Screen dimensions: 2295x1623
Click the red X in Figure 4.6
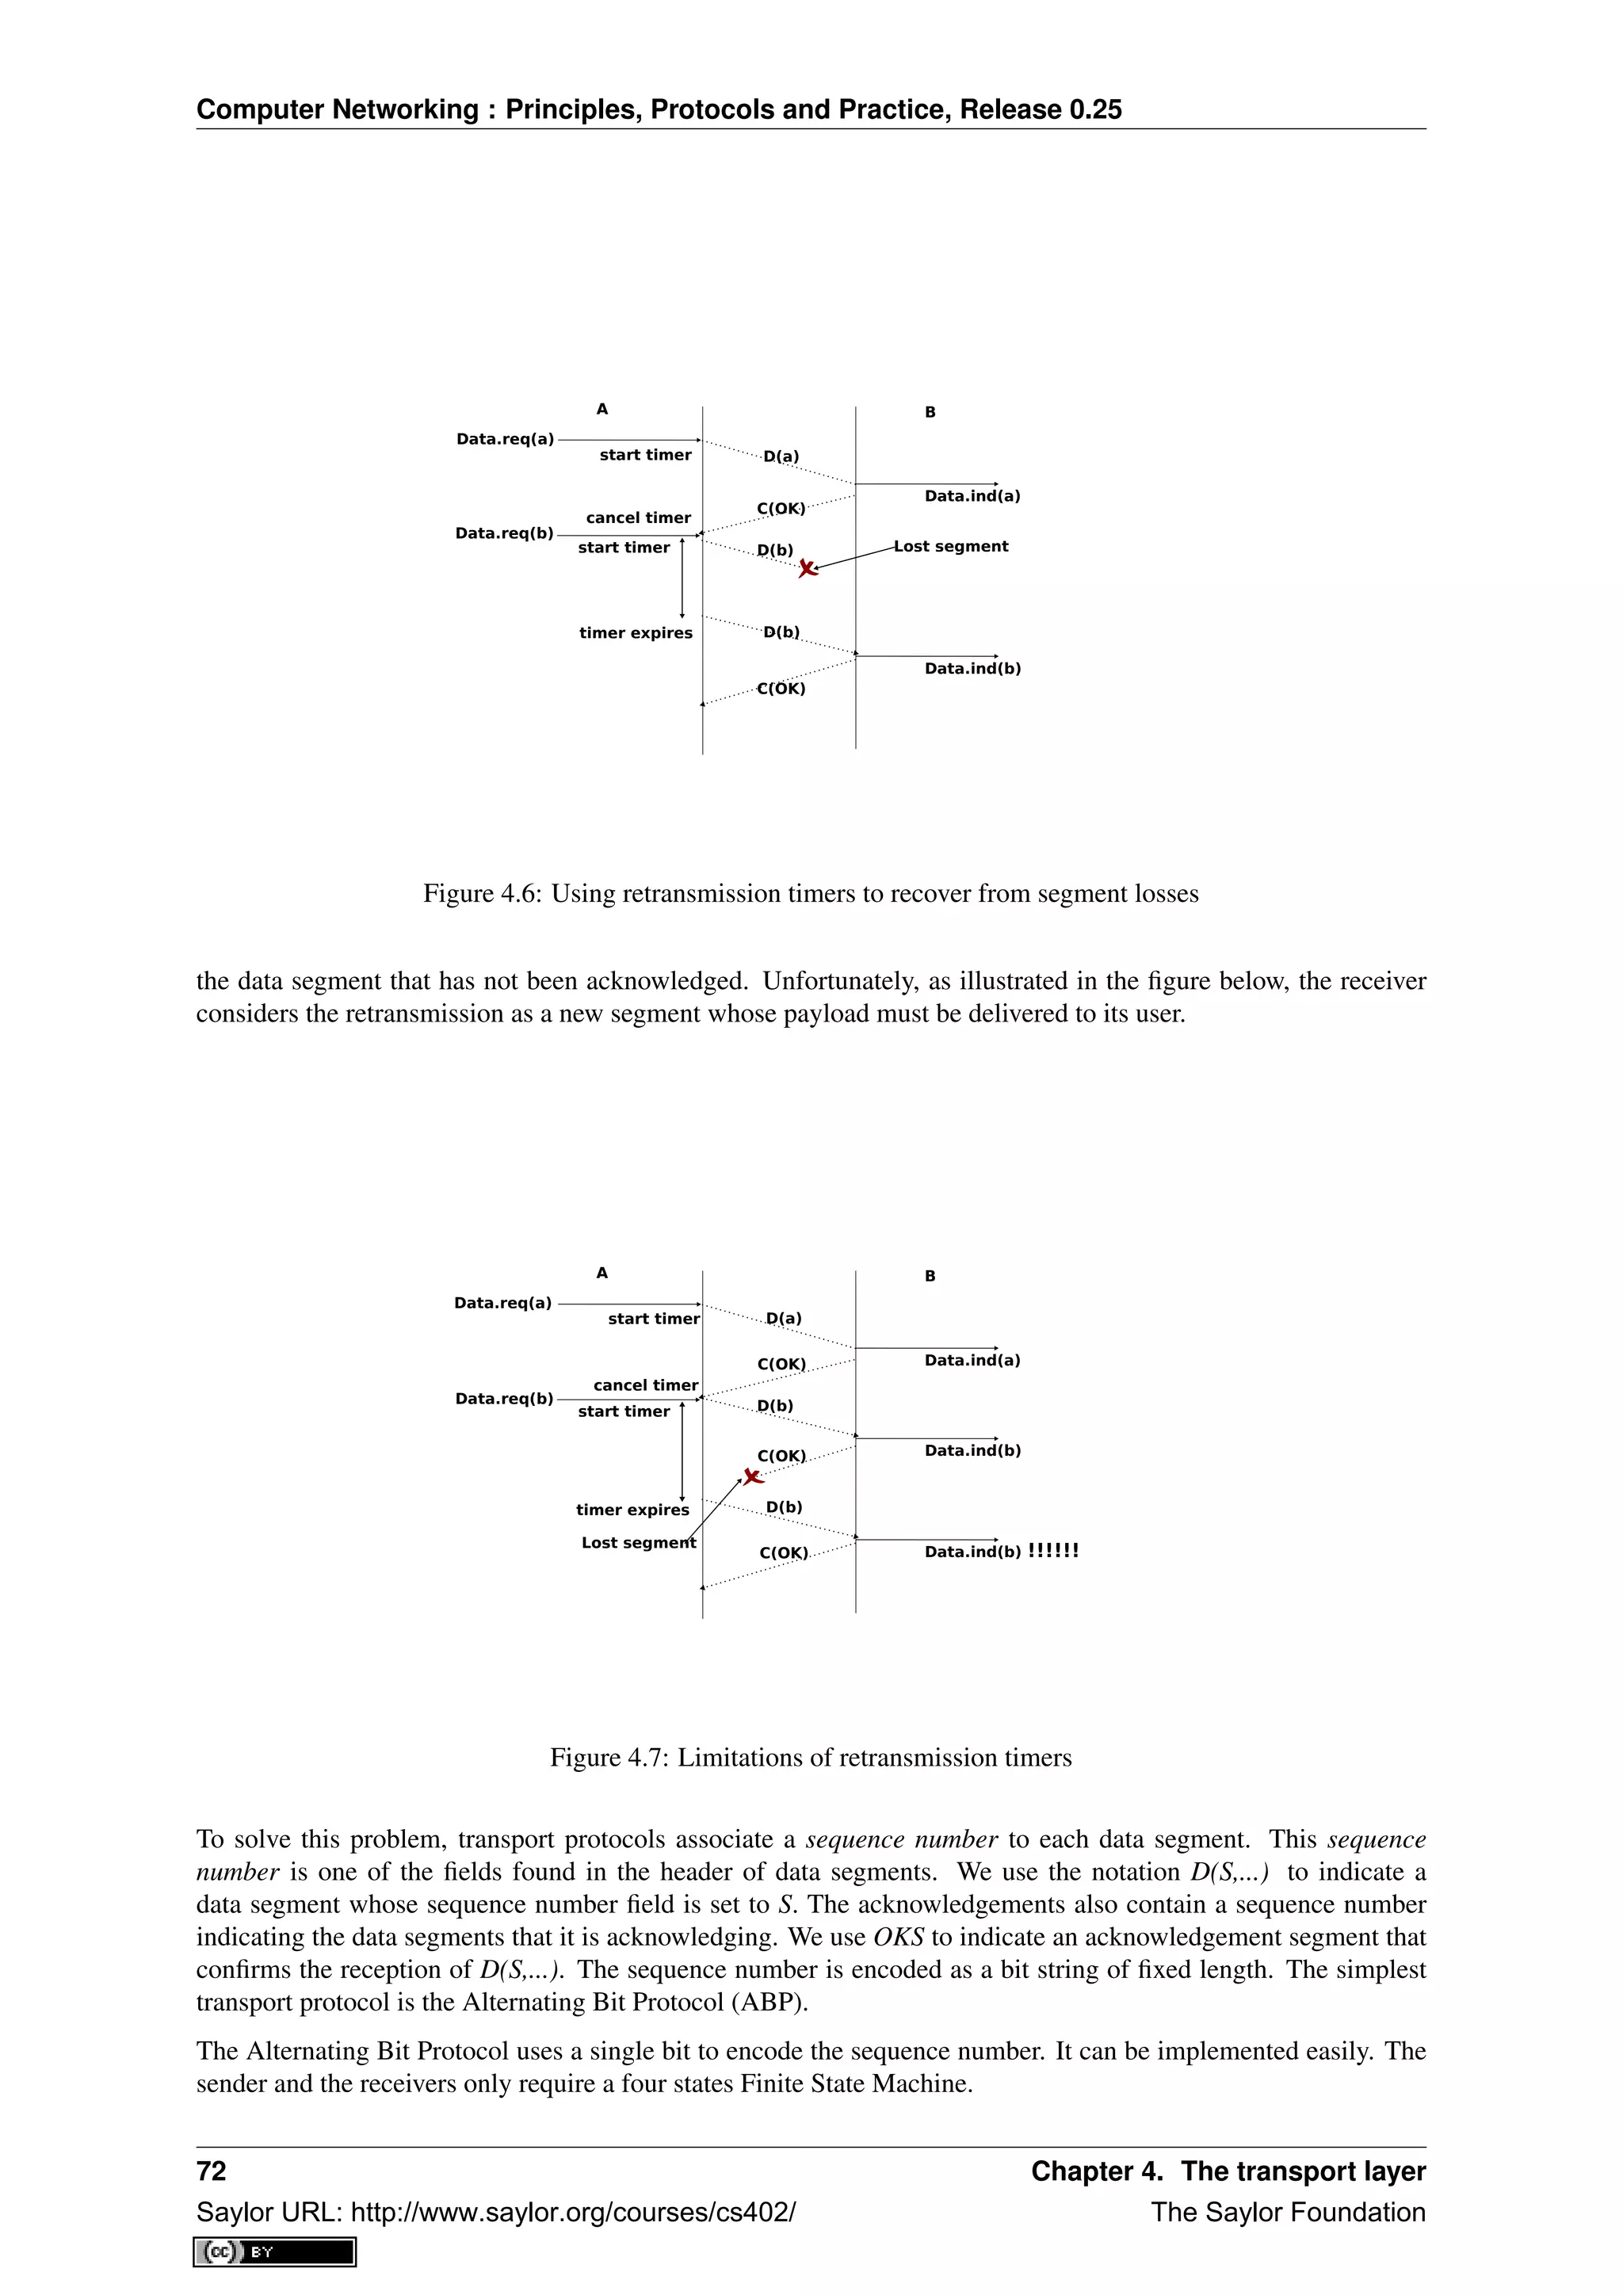(808, 569)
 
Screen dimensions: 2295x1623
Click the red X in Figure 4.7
(753, 1476)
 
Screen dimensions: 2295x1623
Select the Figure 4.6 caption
(811, 894)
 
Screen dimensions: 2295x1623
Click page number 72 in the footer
(212, 2171)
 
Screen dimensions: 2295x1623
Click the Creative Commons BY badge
(275, 2252)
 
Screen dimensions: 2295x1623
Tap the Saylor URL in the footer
(495, 2212)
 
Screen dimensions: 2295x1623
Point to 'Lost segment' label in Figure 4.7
(638, 1542)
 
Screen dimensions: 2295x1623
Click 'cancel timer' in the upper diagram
(638, 517)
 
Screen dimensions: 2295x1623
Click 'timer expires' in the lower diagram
(632, 1510)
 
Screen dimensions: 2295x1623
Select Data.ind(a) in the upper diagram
(972, 496)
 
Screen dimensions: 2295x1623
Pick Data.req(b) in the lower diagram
(504, 1399)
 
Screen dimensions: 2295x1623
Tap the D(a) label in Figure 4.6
(781, 456)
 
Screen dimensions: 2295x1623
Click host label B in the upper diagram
(930, 412)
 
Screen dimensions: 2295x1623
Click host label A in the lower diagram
(601, 1273)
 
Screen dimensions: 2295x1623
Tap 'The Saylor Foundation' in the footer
(1287, 2212)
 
